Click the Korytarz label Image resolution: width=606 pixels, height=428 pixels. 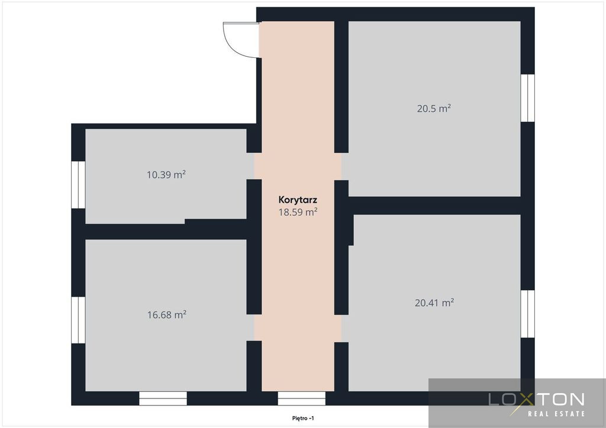[298, 200]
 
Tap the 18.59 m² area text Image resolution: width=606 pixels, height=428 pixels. [298, 212]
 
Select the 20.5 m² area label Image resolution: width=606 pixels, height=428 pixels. [434, 108]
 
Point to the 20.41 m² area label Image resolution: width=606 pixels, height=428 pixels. [434, 303]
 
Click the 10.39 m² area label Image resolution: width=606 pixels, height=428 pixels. [166, 174]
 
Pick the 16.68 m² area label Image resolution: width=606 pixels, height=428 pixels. [166, 314]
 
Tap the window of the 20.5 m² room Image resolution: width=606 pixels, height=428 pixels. [527, 98]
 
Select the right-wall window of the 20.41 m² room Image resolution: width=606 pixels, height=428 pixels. [527, 314]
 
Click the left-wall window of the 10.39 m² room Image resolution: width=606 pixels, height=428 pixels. [79, 184]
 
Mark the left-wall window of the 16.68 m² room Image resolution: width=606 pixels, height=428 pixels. [79, 320]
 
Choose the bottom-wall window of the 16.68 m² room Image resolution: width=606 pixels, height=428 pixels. [163, 398]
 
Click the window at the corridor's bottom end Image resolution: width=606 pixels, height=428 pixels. [301, 398]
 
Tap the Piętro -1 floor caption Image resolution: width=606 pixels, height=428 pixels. [303, 418]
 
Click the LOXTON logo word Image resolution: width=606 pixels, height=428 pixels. [536, 399]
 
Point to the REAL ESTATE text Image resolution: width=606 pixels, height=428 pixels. [556, 414]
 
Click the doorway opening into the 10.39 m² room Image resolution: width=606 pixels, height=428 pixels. [254, 166]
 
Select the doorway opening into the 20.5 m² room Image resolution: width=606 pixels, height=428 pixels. [341, 166]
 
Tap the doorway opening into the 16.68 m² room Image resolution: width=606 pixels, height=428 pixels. [254, 328]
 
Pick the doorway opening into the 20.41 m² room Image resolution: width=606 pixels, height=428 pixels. [341, 329]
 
